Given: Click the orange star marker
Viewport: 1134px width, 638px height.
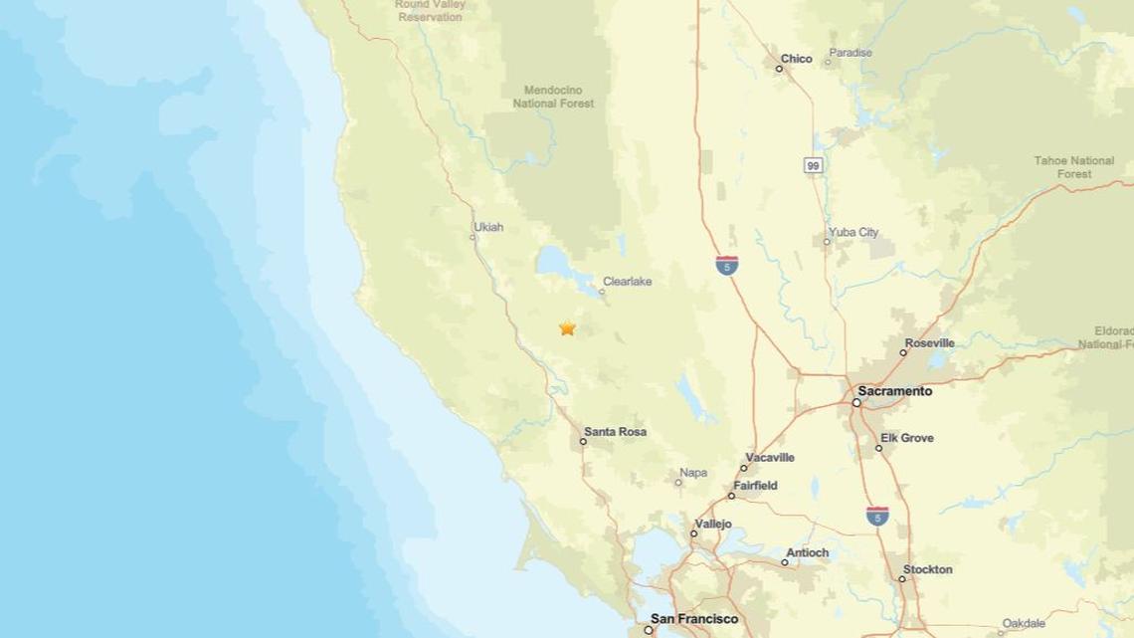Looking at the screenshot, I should coord(567,327).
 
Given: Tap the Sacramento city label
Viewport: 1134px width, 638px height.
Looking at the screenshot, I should coord(895,391).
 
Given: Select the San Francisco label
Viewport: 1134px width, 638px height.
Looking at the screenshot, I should coord(694,618).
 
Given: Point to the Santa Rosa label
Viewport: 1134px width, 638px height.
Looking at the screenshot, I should coord(615,432).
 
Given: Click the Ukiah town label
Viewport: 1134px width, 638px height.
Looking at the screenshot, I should coord(488,227).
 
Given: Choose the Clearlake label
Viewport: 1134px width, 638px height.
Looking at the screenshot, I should coord(627,282).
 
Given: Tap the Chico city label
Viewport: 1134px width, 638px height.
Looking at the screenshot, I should coord(796,59).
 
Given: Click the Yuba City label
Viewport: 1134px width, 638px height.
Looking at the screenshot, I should coord(854,232).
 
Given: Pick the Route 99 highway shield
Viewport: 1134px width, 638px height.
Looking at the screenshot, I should coord(814,165).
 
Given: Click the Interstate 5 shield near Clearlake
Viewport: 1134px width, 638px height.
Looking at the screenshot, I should coord(727,265).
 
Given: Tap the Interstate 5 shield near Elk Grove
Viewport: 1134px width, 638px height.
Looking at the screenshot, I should coord(876,516).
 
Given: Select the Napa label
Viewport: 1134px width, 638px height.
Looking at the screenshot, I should coord(693,473).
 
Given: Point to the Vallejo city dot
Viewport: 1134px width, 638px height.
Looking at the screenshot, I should coord(694,533).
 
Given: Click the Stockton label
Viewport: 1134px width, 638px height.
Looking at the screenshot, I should coord(928,569).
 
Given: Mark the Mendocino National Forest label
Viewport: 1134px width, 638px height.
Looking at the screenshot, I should coord(553,97).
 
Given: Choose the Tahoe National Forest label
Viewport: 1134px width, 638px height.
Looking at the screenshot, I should coord(1073,166).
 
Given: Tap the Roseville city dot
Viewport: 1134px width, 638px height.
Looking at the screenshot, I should coord(903,352).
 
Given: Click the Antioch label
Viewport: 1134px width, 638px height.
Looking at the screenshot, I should coord(807,552).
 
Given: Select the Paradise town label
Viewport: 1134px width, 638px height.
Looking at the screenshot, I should coord(850,53).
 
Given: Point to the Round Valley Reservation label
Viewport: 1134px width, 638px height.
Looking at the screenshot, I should coord(430,10).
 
